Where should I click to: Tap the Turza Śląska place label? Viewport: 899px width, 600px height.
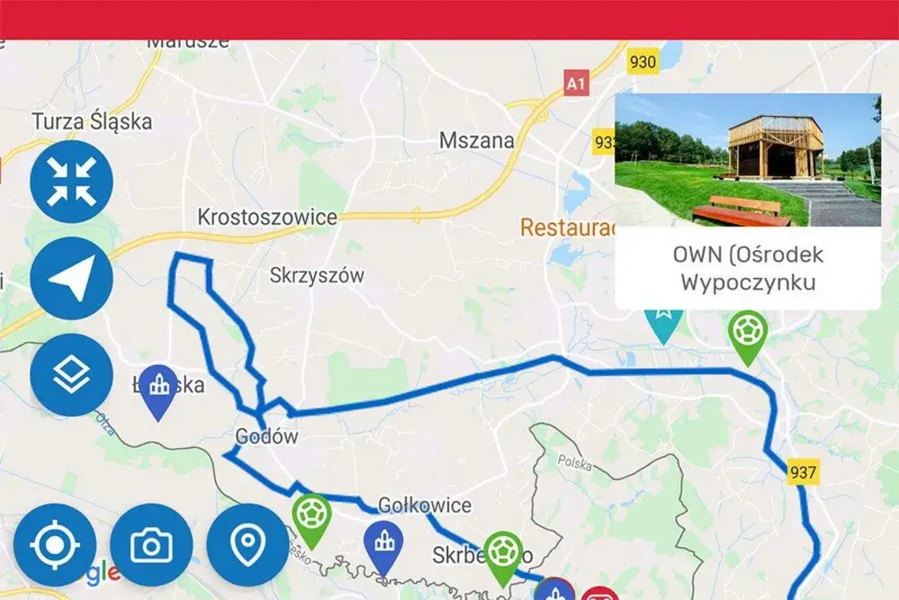pyautogui.click(x=92, y=122)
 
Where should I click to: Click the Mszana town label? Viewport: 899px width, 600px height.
pyautogui.click(x=477, y=141)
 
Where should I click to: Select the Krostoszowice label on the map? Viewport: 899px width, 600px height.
pyautogui.click(x=267, y=217)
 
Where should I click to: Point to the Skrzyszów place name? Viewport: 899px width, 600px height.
pyautogui.click(x=317, y=275)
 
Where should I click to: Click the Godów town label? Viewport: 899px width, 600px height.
pyautogui.click(x=266, y=437)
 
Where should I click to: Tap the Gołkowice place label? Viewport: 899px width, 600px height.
pyautogui.click(x=425, y=505)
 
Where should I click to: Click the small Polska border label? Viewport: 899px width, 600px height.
pyautogui.click(x=575, y=461)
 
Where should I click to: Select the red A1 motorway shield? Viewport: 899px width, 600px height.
pyautogui.click(x=577, y=83)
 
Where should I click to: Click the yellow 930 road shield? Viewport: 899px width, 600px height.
pyautogui.click(x=643, y=61)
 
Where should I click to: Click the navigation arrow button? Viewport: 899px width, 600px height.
pyautogui.click(x=71, y=278)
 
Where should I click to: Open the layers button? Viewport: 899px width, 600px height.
pyautogui.click(x=71, y=374)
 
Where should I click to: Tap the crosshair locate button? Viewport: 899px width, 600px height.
pyautogui.click(x=55, y=544)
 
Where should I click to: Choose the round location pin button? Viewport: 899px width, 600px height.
pyautogui.click(x=248, y=544)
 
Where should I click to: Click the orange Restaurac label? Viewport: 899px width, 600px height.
pyautogui.click(x=567, y=227)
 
